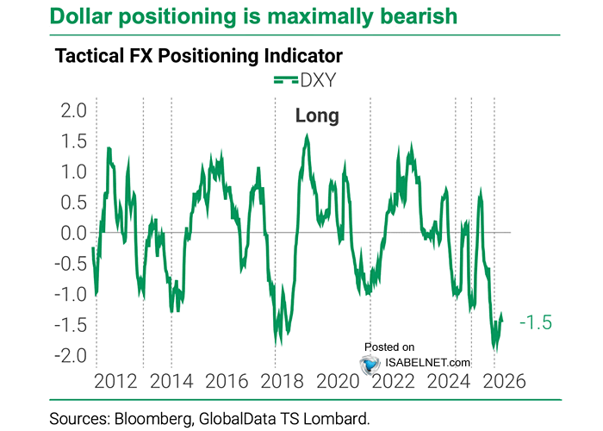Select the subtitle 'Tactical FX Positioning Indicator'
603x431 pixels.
point(199,56)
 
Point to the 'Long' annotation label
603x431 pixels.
point(317,116)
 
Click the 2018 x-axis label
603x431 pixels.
point(280,381)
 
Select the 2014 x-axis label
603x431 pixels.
point(170,381)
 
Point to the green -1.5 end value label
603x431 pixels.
point(535,323)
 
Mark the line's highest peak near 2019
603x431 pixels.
point(308,135)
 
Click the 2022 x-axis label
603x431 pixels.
point(390,381)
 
